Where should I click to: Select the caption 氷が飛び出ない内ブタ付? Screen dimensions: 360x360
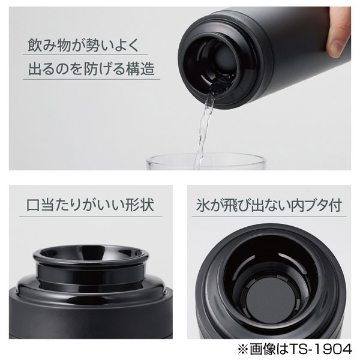pos(268,205)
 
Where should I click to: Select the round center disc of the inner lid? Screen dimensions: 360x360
pos(268,299)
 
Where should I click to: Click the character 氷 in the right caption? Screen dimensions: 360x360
pos(201,205)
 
